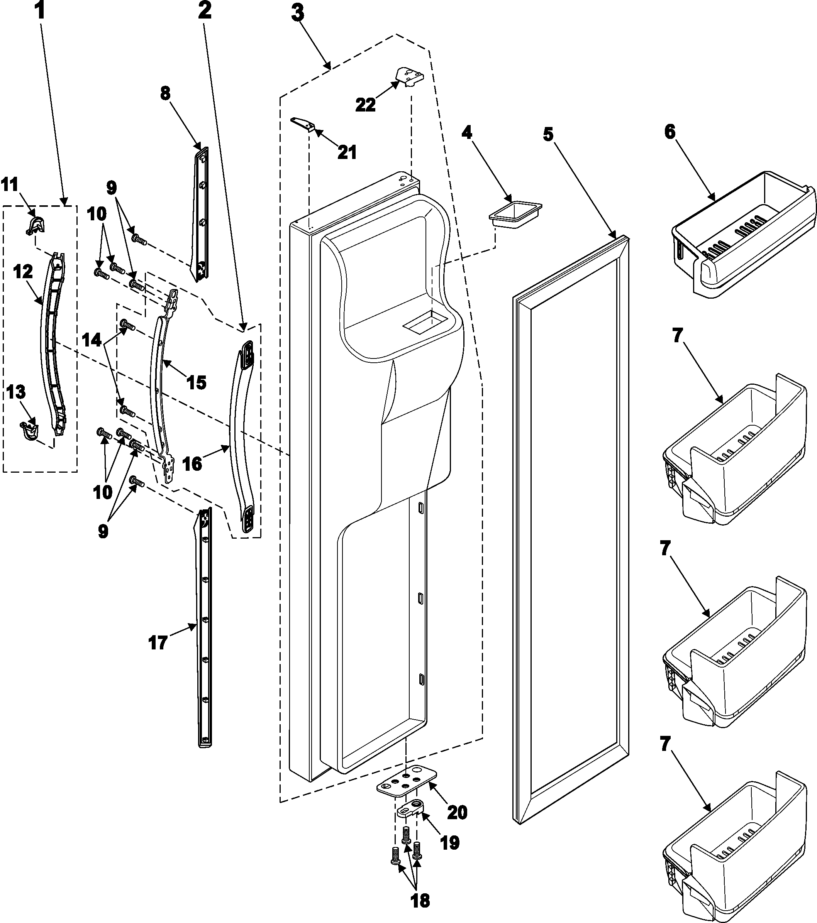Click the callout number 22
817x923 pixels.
click(x=365, y=105)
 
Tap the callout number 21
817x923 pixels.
click(x=347, y=153)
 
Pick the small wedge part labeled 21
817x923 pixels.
click(x=300, y=124)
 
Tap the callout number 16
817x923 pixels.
click(x=193, y=463)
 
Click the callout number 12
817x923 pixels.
click(x=23, y=272)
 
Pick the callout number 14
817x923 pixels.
click(x=92, y=340)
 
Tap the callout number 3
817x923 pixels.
click(x=297, y=14)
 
